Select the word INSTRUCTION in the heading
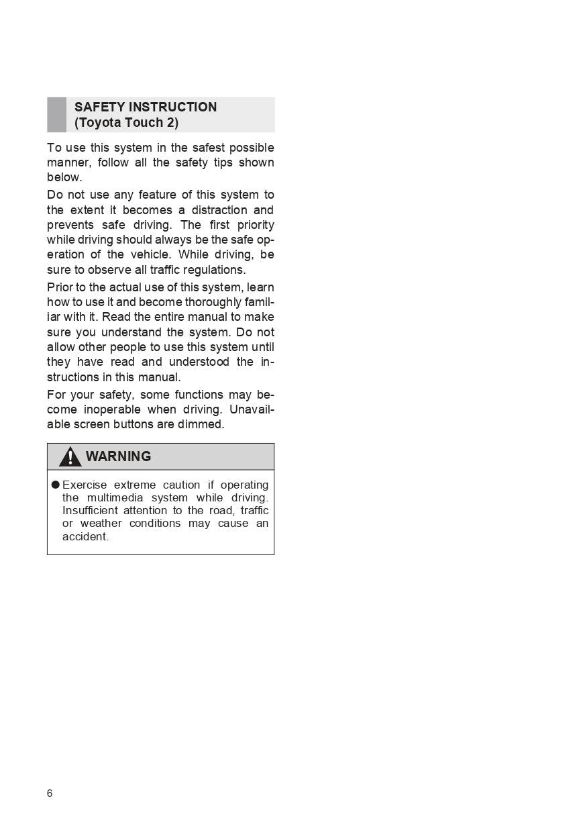point(172,107)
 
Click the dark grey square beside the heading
point(56,115)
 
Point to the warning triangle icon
point(70,457)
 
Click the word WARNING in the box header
point(119,456)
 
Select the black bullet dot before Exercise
point(56,485)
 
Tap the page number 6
point(50,793)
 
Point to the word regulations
point(212,270)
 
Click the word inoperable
point(113,409)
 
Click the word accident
point(85,536)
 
